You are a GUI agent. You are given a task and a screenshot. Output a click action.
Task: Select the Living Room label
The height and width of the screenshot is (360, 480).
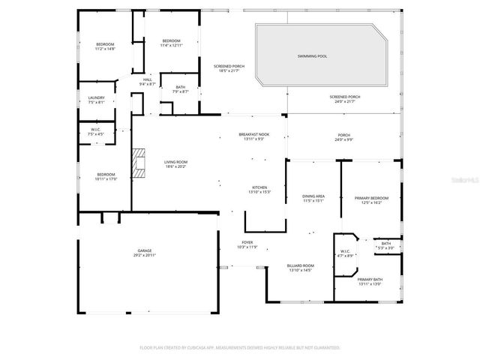point(176,164)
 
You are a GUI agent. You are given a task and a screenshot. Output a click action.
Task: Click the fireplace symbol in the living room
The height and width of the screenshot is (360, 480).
point(137,163)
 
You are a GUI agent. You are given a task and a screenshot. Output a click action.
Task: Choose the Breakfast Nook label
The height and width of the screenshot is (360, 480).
point(253,136)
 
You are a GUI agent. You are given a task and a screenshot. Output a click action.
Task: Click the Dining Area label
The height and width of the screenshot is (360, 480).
point(313,198)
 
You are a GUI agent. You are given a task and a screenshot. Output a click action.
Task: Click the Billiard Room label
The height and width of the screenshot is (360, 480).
point(300,267)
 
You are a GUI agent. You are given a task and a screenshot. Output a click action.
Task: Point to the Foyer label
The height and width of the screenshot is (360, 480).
point(247,244)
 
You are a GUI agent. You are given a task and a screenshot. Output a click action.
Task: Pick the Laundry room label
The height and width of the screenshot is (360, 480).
point(96,100)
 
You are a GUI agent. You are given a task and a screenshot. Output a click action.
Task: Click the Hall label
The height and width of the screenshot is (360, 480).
point(147,82)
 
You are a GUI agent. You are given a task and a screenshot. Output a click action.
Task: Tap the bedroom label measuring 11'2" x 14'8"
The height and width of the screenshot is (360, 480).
point(104,46)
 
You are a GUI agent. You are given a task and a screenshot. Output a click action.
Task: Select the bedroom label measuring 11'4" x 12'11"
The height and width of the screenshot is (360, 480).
point(171,43)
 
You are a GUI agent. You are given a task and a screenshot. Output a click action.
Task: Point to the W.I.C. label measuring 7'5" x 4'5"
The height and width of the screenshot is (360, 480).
point(96,133)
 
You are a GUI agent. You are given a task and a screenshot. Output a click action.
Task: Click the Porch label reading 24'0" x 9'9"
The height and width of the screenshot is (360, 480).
point(343,138)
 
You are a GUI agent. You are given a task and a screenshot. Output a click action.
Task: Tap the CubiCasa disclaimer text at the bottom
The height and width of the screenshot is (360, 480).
point(240,348)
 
